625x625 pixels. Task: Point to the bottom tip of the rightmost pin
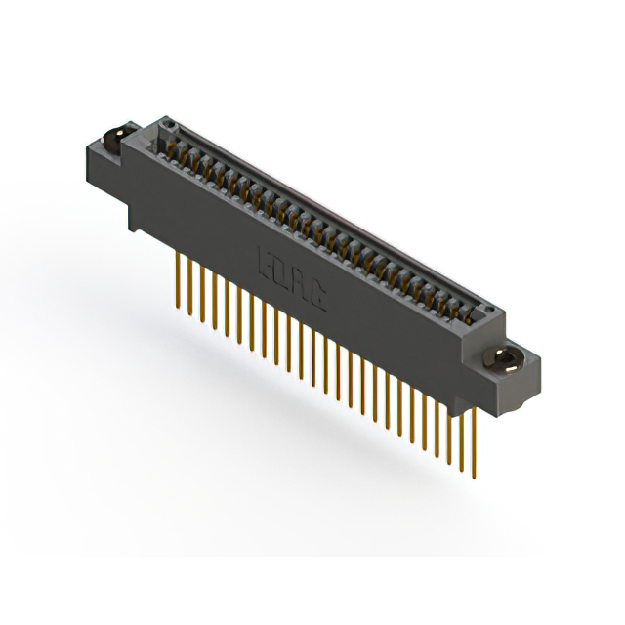coord(473,479)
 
